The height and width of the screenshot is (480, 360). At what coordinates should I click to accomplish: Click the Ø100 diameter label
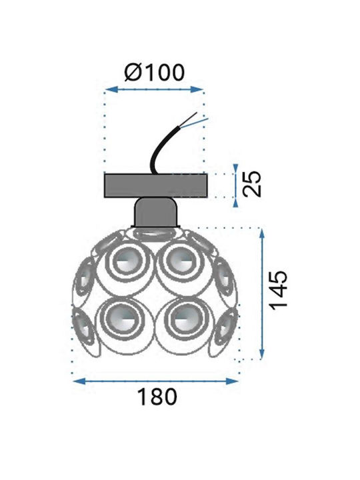(x=155, y=73)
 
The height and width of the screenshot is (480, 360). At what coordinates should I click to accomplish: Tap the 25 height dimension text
(x=252, y=184)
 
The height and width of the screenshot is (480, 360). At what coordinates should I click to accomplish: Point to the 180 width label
(x=157, y=397)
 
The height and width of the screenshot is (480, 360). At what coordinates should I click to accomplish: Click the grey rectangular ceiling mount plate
(x=156, y=185)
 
